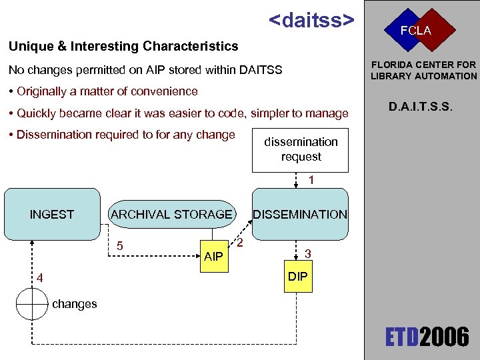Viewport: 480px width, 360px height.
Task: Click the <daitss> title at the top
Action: click(x=311, y=20)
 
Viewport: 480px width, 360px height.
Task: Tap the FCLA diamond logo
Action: click(x=415, y=31)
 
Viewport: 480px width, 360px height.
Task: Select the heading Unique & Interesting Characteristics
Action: click(x=123, y=46)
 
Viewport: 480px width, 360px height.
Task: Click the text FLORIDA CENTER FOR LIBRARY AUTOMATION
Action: click(x=423, y=70)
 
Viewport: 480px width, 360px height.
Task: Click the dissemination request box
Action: click(x=301, y=149)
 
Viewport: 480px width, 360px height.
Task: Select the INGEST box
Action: click(x=51, y=214)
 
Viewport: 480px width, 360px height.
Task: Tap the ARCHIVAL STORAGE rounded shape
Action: click(x=171, y=214)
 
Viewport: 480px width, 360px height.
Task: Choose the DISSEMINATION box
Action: click(x=299, y=214)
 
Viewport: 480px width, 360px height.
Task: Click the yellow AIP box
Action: click(x=213, y=256)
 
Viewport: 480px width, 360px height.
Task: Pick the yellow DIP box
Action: click(x=298, y=276)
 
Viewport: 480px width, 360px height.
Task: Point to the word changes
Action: click(x=75, y=304)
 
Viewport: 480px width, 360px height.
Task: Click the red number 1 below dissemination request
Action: click(x=311, y=180)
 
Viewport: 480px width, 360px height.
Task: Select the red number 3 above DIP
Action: click(x=307, y=253)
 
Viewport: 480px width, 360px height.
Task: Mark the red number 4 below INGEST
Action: click(x=40, y=277)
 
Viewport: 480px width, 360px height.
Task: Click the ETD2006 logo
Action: click(x=427, y=337)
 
